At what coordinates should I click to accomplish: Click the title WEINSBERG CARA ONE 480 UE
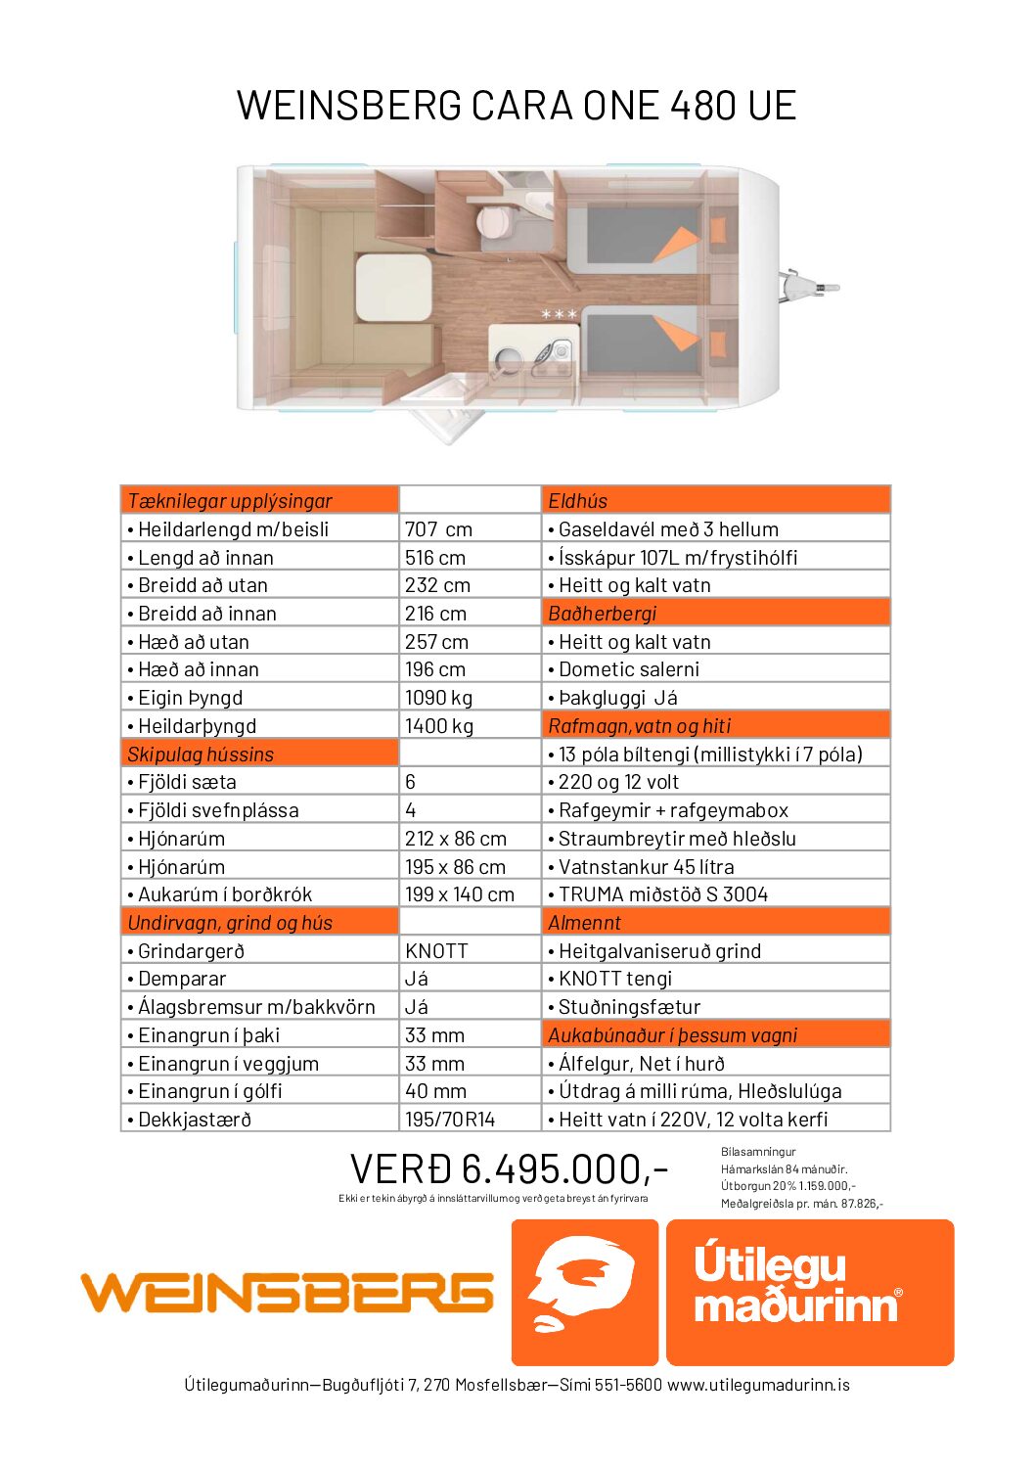517,106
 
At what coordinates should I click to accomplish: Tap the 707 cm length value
438,529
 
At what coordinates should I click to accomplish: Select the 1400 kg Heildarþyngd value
438,726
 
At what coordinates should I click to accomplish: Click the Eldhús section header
577,501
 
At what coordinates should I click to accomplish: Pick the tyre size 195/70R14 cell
450,1120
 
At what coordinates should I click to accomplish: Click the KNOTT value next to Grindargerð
436,951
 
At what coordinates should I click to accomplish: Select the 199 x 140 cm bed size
459,894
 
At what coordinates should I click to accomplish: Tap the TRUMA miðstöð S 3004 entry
662,894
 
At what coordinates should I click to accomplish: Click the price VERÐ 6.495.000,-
509,1168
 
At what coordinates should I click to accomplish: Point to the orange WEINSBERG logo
287,1293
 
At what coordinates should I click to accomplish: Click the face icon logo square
584,1292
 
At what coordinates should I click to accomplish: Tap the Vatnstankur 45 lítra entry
646,867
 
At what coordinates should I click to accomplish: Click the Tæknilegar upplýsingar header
230,501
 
